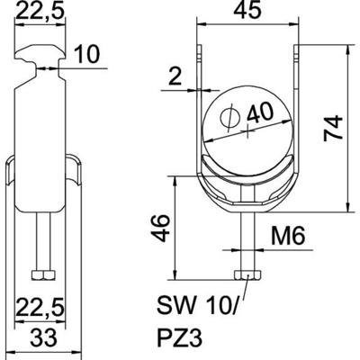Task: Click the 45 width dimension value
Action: pos(238,14)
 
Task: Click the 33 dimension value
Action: pos(41,339)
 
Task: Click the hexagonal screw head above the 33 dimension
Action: pos(41,274)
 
